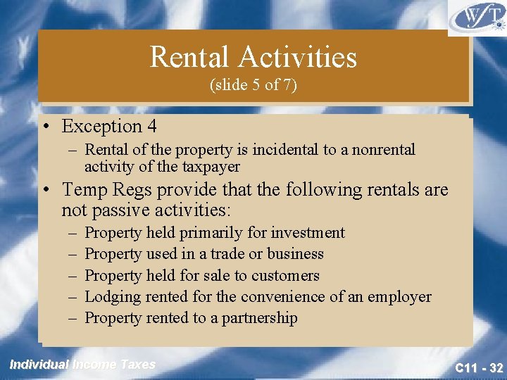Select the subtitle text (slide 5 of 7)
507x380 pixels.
tap(254, 85)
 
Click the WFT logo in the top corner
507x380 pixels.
tap(476, 18)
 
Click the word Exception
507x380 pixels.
tap(101, 127)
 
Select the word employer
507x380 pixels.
tap(399, 297)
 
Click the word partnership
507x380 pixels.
tap(260, 318)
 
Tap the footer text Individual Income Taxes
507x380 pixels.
tap(82, 365)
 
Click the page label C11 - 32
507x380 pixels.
tap(478, 368)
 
